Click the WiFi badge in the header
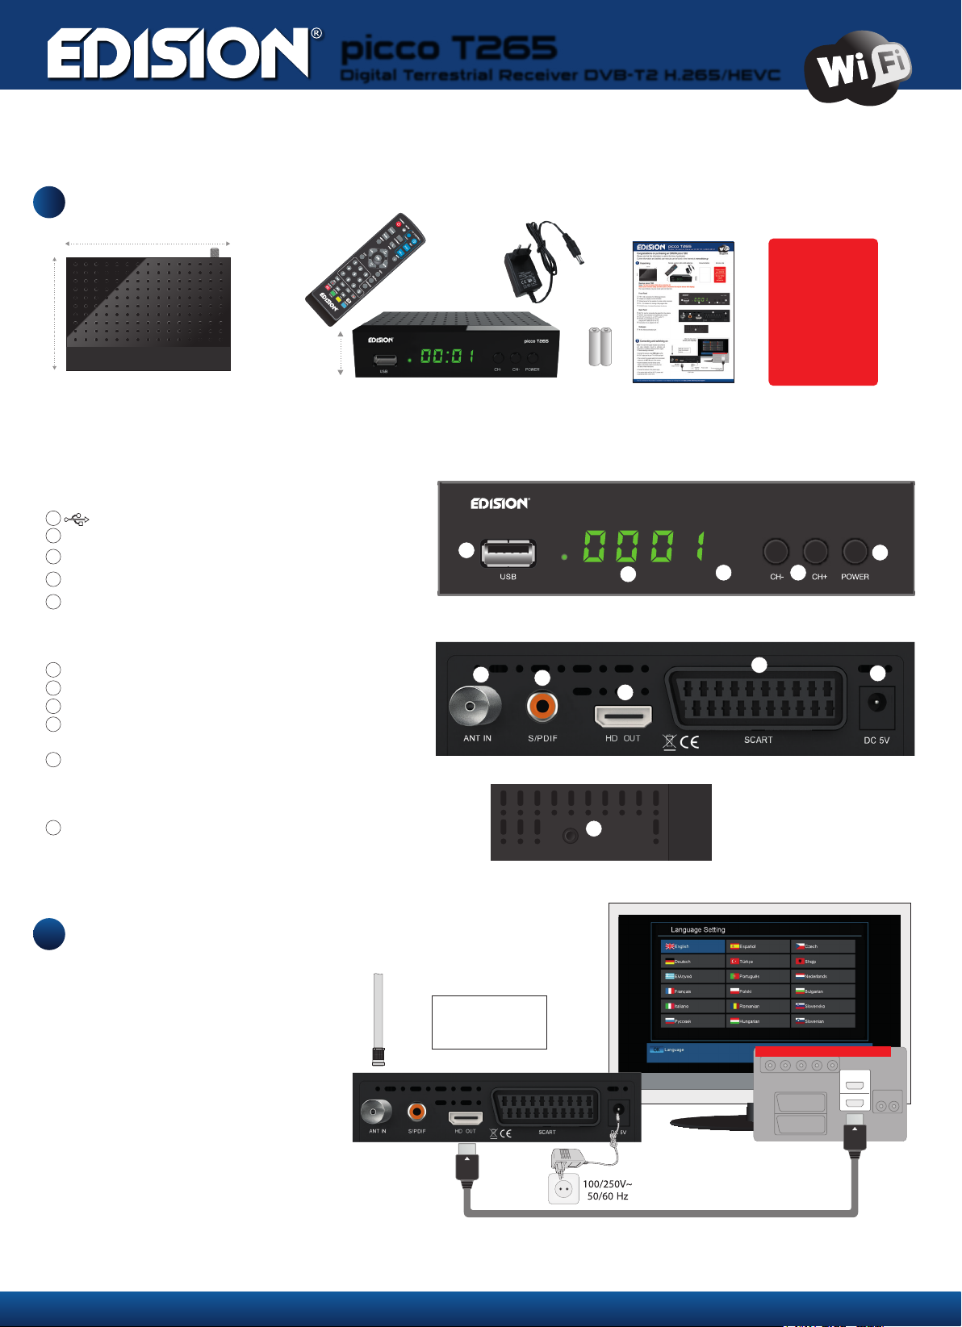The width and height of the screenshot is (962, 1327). click(858, 67)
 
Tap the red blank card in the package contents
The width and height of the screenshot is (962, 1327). click(822, 311)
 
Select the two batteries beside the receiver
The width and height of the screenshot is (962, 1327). click(600, 346)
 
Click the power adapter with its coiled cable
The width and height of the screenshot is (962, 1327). click(533, 258)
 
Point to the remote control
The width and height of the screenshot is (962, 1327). click(365, 269)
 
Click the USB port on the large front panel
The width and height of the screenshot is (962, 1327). click(508, 553)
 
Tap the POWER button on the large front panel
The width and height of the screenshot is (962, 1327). click(855, 552)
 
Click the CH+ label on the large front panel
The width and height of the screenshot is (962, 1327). click(819, 577)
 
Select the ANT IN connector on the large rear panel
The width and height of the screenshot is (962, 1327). click(475, 706)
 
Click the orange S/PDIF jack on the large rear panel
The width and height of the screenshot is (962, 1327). click(542, 707)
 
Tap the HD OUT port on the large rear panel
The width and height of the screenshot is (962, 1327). click(622, 716)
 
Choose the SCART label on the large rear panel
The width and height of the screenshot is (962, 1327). click(758, 740)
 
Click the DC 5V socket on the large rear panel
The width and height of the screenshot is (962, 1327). click(876, 707)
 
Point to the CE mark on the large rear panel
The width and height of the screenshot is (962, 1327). click(688, 742)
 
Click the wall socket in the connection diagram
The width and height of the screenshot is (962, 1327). click(563, 1189)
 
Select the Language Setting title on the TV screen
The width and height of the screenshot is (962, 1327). click(698, 929)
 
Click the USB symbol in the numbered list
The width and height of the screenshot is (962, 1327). click(77, 519)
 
